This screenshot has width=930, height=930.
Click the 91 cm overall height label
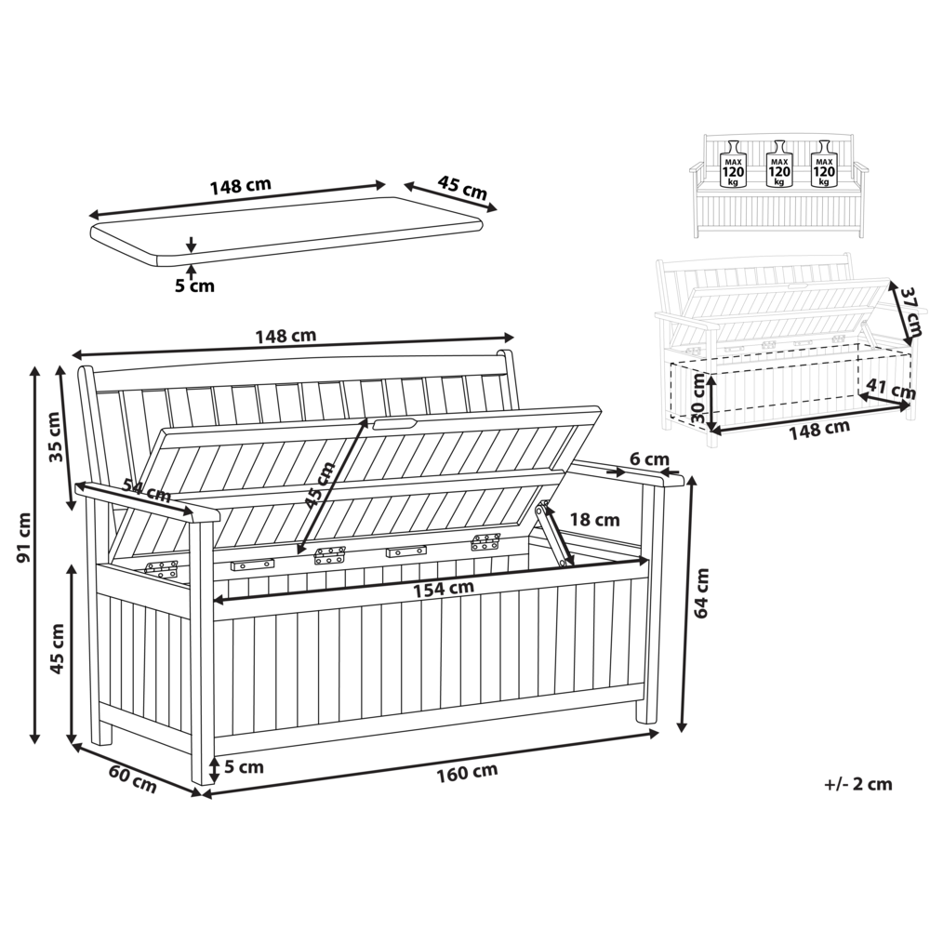[24, 538]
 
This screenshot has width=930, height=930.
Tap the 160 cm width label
[467, 773]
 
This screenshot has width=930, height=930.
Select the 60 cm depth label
[133, 779]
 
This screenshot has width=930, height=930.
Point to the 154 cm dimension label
[444, 589]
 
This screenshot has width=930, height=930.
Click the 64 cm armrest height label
[701, 593]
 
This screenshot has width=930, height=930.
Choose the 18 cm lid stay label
[595, 520]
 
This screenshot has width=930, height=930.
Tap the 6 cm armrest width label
[649, 459]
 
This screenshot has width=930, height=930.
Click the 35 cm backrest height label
[56, 436]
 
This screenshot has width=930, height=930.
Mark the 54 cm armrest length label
[147, 489]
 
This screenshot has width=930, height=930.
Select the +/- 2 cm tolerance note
[858, 784]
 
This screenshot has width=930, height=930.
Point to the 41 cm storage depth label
[892, 389]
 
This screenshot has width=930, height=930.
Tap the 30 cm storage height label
[699, 398]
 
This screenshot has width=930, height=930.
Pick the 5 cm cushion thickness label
[194, 286]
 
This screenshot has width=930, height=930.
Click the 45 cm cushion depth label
[462, 188]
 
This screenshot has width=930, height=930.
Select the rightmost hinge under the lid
[485, 541]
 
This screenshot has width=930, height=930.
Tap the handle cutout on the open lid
[393, 423]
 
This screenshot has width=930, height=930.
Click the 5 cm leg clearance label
[244, 767]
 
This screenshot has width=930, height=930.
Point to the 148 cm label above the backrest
[286, 337]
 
